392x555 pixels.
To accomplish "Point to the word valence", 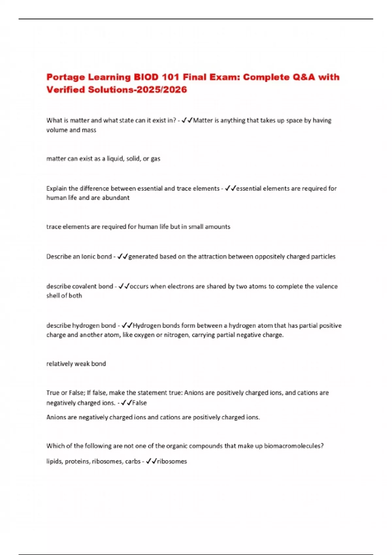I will [x=326, y=286].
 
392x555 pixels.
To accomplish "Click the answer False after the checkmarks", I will [x=139, y=403].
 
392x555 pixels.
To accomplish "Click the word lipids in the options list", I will [x=54, y=461].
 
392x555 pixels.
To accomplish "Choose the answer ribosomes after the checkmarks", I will [x=172, y=461].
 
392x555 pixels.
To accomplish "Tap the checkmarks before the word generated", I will [x=122, y=257].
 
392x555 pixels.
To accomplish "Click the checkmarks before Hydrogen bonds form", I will [x=127, y=325].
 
